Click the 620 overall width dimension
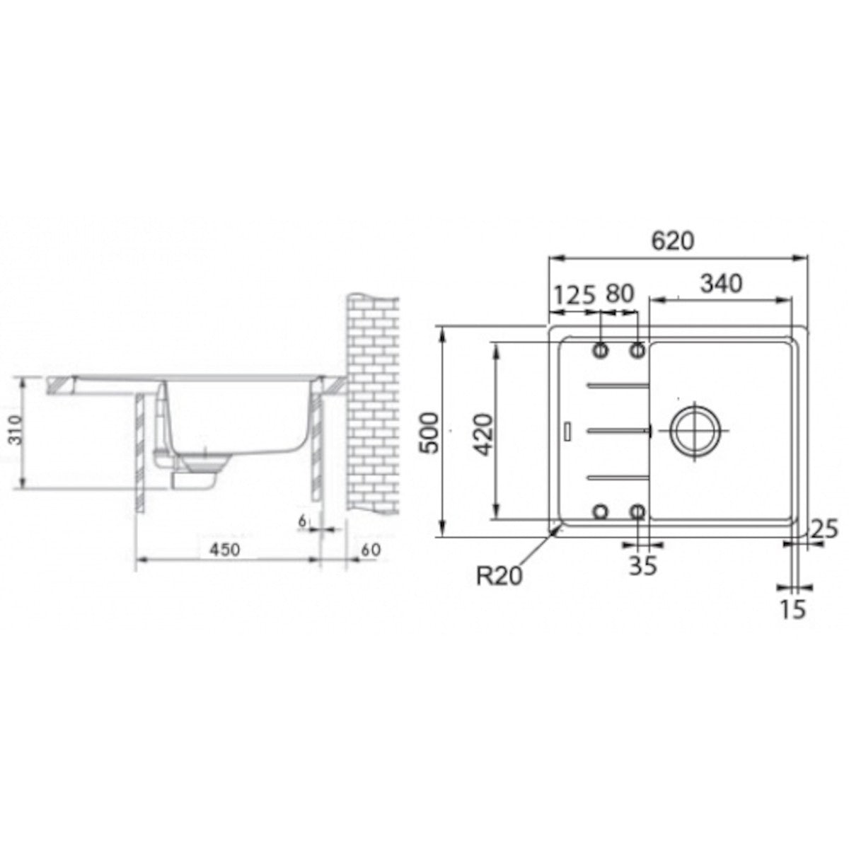(x=673, y=241)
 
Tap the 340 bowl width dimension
(x=722, y=284)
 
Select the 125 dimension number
(x=574, y=295)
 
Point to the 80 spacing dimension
(x=620, y=294)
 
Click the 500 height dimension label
(x=429, y=433)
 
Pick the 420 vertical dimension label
(x=485, y=435)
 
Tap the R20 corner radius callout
(x=499, y=575)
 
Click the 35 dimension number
(x=643, y=565)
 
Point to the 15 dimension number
(x=793, y=609)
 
